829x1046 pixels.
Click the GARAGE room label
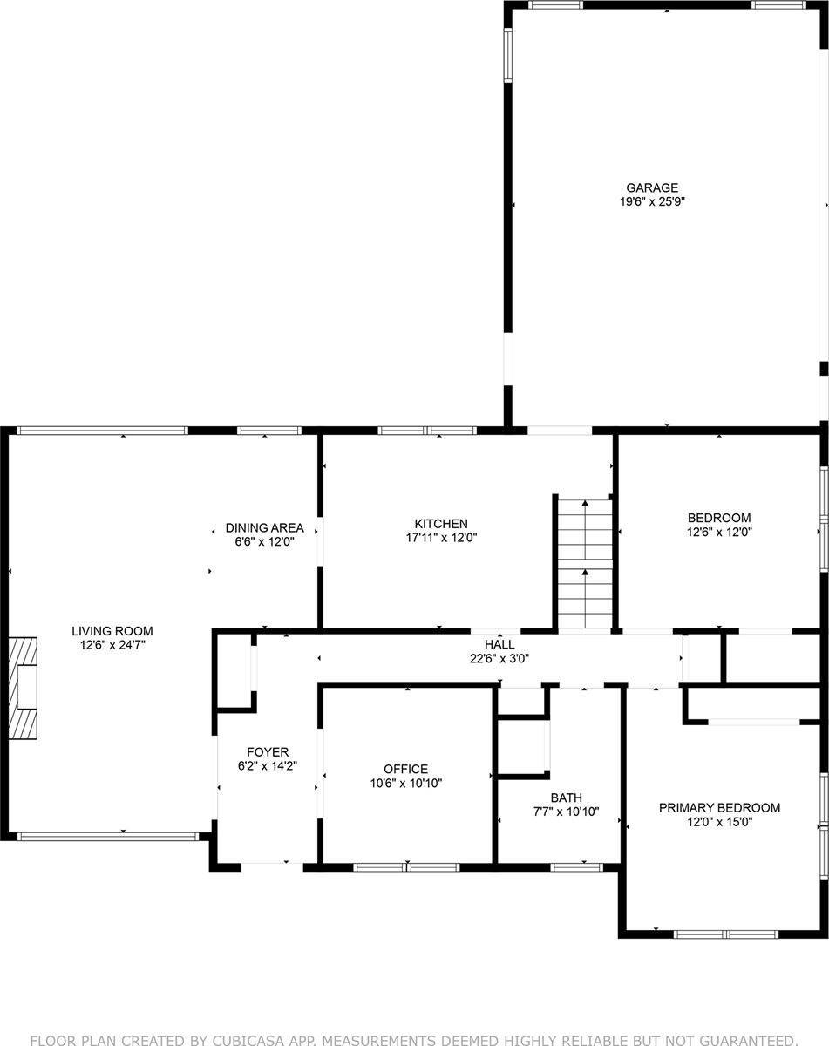coord(651,187)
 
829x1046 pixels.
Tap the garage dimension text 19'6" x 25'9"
coord(651,201)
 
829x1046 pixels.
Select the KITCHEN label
coord(417,524)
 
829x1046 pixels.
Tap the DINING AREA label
coord(252,528)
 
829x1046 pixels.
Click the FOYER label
coord(268,752)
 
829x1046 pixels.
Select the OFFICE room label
coord(406,769)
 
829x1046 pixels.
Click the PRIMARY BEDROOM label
coord(719,807)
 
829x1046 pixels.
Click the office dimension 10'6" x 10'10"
coord(406,783)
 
